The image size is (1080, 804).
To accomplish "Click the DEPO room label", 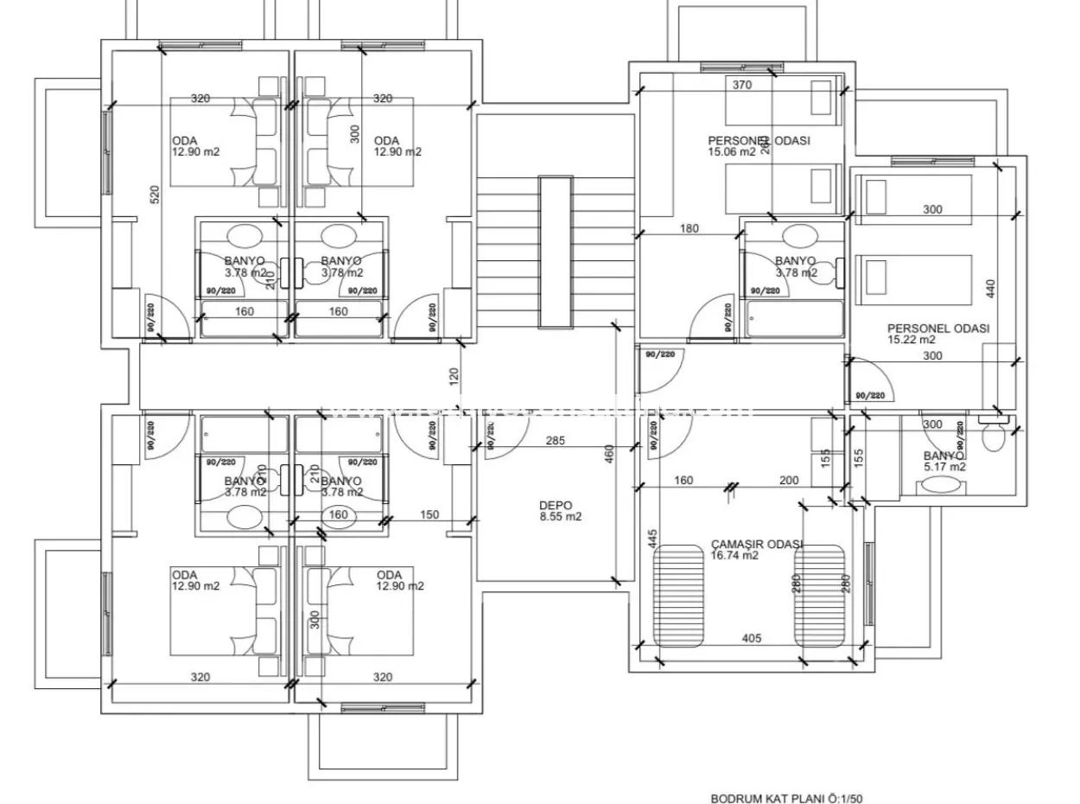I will (556, 506).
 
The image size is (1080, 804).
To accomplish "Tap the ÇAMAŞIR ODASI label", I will (757, 545).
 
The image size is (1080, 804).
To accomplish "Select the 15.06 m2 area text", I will (731, 151).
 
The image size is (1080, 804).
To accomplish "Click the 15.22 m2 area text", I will (911, 340).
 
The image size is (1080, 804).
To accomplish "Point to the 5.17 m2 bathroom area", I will (944, 467).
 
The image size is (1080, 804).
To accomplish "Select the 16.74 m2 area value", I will (734, 556).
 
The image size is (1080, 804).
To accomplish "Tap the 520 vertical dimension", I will (156, 195).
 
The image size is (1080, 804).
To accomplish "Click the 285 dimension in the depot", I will (556, 441).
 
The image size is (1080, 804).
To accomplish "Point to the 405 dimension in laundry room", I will (751, 638).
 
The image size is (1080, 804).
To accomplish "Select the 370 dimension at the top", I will (741, 85).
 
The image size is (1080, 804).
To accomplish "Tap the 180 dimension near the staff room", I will (689, 229).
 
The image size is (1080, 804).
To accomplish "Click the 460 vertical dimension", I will (608, 452).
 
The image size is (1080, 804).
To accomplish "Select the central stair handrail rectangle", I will (556, 252).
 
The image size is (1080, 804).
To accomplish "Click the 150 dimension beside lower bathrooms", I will (429, 514).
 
